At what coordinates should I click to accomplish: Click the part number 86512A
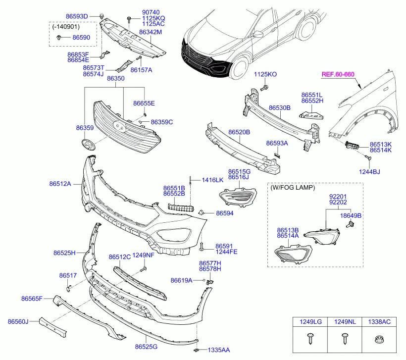pyautogui.click(x=60, y=184)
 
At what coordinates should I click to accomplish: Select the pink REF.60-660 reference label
pyautogui.click(x=338, y=75)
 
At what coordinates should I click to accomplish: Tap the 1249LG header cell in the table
pyautogui.click(x=310, y=322)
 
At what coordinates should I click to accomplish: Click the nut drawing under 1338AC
pyautogui.click(x=379, y=341)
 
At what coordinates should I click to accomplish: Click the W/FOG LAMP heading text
pyautogui.click(x=293, y=188)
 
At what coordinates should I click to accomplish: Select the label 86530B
pyautogui.click(x=279, y=107)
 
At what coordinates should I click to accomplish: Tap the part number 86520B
pyautogui.click(x=239, y=133)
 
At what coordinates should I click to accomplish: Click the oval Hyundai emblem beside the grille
pyautogui.click(x=88, y=145)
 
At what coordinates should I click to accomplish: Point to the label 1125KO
pyautogui.click(x=265, y=74)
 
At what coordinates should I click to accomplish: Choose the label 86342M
pyautogui.click(x=151, y=32)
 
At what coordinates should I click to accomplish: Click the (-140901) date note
pyautogui.click(x=65, y=27)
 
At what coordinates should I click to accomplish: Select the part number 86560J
pyautogui.click(x=18, y=321)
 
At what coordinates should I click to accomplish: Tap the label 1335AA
pyautogui.click(x=218, y=350)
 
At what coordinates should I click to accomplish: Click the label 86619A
pyautogui.click(x=181, y=280)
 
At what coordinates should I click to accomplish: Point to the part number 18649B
pyautogui.click(x=351, y=216)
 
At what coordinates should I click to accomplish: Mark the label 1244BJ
pyautogui.click(x=369, y=172)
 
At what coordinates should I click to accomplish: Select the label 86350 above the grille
pyautogui.click(x=115, y=79)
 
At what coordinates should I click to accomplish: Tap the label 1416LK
pyautogui.click(x=212, y=180)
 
